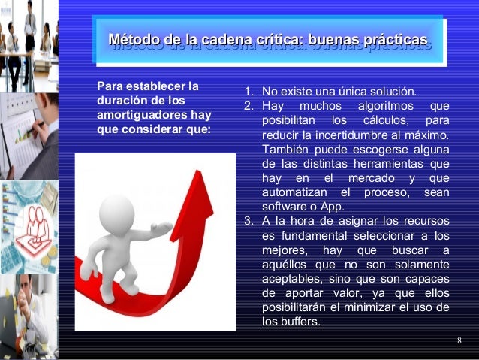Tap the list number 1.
pyautogui.click(x=247, y=92)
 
